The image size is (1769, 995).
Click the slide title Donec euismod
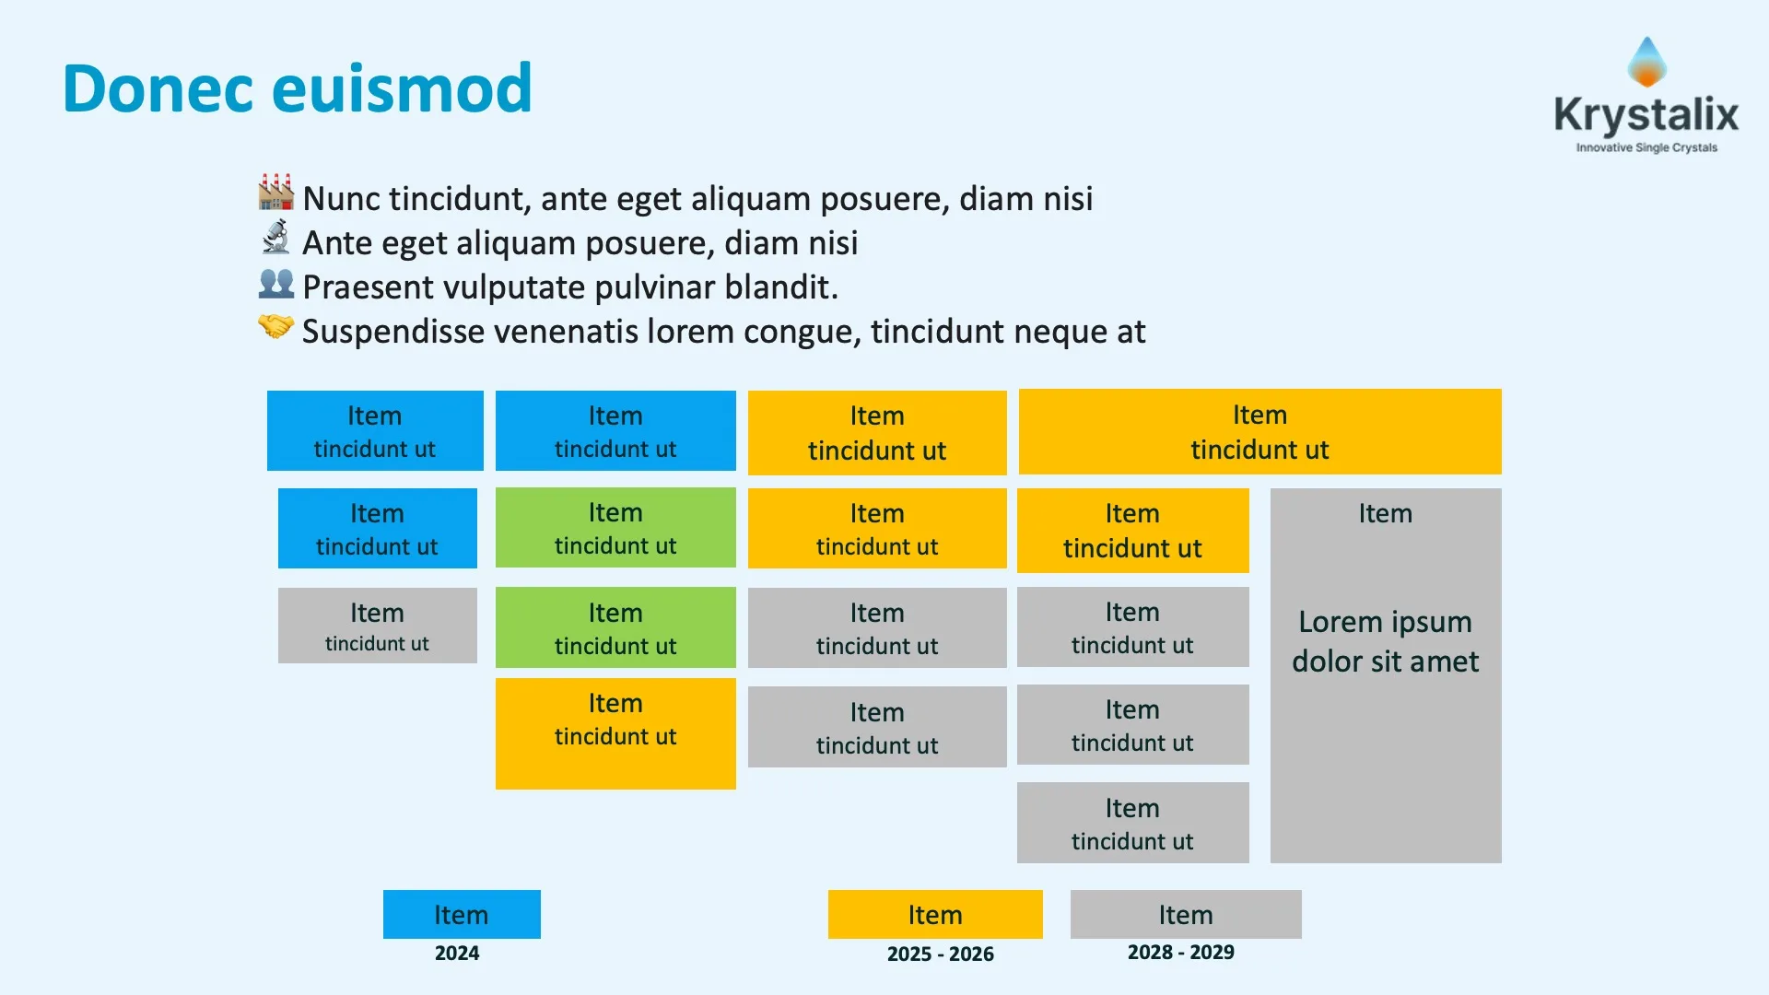(x=297, y=88)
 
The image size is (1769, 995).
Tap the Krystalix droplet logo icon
(x=1646, y=63)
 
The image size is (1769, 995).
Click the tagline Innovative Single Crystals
(x=1646, y=147)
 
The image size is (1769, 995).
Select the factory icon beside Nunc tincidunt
(x=275, y=192)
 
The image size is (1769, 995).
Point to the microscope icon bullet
(x=275, y=238)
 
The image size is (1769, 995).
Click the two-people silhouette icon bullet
(x=275, y=283)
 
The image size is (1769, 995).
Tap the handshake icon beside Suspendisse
(x=275, y=326)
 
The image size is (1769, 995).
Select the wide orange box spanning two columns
(x=1259, y=431)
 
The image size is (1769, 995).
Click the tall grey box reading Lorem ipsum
(x=1385, y=675)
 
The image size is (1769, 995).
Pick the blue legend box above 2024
(x=462, y=914)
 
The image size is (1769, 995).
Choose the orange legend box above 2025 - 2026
(x=935, y=914)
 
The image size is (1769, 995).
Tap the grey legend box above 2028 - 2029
(x=1186, y=914)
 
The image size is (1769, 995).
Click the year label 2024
(x=457, y=954)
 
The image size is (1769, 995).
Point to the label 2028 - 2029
(x=1180, y=953)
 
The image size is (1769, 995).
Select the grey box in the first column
(x=377, y=626)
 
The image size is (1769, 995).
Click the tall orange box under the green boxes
(x=615, y=733)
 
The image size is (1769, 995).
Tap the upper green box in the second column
(x=615, y=527)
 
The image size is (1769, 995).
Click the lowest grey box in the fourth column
(x=1132, y=823)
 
